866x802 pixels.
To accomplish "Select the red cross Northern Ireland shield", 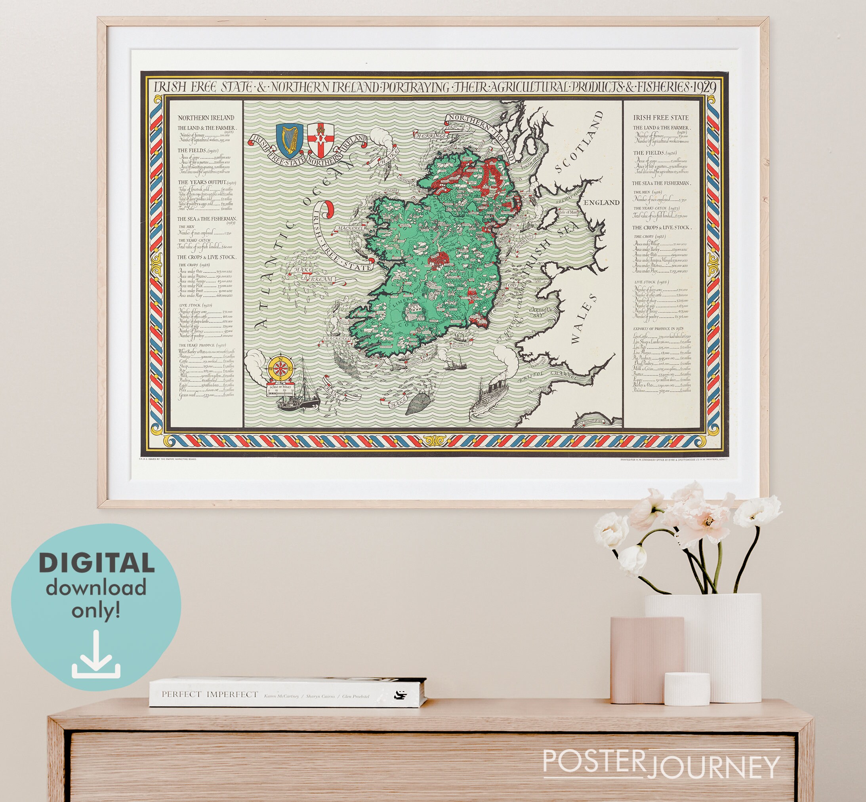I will click(x=321, y=140).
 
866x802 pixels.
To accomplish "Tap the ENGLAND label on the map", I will click(x=601, y=203).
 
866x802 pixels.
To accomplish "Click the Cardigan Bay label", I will click(x=540, y=312).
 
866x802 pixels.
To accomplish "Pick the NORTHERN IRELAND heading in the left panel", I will click(x=206, y=118).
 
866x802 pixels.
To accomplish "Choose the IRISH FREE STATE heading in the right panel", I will click(x=661, y=118).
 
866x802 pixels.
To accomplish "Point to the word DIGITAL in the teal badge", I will click(x=96, y=563).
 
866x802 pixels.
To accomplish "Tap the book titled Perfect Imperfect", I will click(x=287, y=692).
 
